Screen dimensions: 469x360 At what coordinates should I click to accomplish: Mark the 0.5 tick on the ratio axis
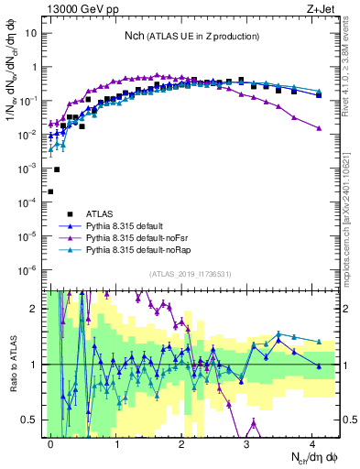click(31, 420)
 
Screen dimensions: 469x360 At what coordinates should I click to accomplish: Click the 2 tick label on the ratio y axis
click(35, 308)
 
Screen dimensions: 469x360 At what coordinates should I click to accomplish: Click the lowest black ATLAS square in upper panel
click(50, 191)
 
